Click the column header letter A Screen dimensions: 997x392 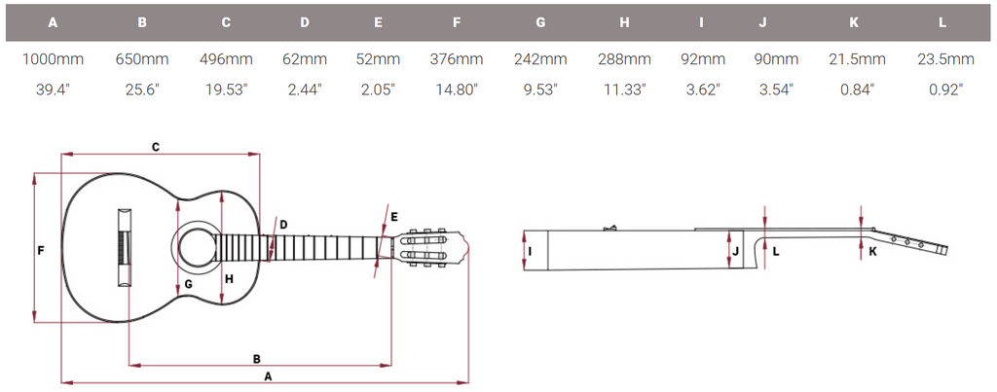(53, 22)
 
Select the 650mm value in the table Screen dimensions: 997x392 (142, 59)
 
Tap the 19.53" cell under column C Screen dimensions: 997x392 (226, 89)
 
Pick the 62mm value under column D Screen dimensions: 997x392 (305, 59)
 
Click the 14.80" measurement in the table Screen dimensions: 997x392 (456, 89)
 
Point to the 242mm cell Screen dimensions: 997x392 (540, 59)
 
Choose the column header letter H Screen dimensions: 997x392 (624, 22)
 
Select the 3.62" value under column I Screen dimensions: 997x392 (702, 89)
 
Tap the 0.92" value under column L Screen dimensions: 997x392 (946, 89)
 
